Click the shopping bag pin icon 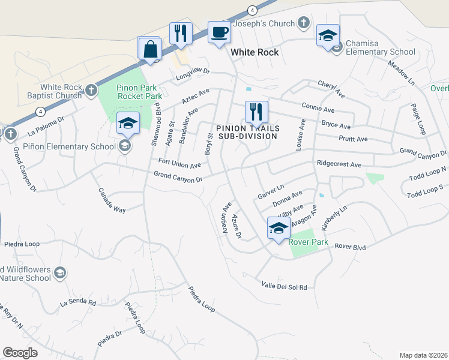pyautogui.click(x=149, y=49)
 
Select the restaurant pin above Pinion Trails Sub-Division pyautogui.click(x=256, y=111)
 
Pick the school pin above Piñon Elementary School pyautogui.click(x=128, y=124)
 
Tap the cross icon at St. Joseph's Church pyautogui.click(x=304, y=23)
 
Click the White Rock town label pyautogui.click(x=255, y=52)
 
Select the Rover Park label pyautogui.click(x=308, y=242)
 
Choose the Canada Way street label pyautogui.click(x=112, y=201)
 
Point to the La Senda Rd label pyautogui.click(x=78, y=304)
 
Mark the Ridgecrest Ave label pyautogui.click(x=339, y=164)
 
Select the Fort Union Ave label pyautogui.click(x=179, y=163)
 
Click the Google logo pyautogui.click(x=20, y=353)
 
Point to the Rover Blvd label pyautogui.click(x=350, y=246)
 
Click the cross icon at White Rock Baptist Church pyautogui.click(x=91, y=91)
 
